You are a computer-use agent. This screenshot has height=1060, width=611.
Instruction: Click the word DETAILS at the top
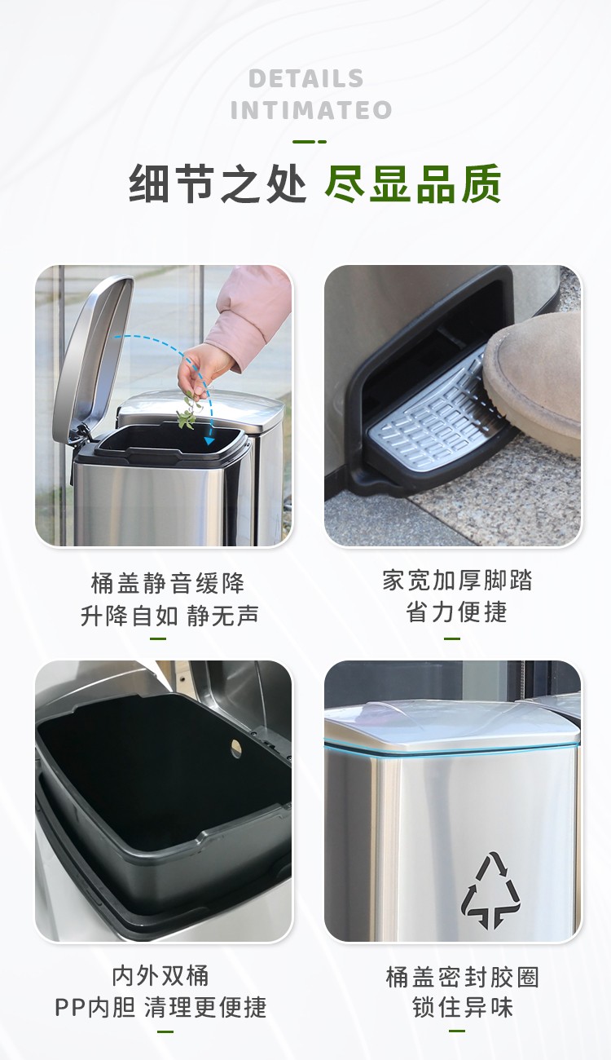click(x=306, y=79)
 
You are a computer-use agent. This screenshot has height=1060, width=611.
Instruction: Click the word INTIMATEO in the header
click(x=310, y=110)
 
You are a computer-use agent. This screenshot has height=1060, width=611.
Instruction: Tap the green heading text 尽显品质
click(x=412, y=185)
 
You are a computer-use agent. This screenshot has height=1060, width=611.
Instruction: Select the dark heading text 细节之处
click(x=218, y=185)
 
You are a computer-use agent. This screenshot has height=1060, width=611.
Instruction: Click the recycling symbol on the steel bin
click(x=491, y=890)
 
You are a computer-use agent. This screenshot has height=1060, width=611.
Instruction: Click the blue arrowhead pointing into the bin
click(x=209, y=440)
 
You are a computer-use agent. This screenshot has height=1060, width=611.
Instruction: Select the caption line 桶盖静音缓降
click(x=168, y=583)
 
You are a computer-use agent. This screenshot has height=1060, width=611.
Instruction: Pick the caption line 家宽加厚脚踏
click(x=457, y=581)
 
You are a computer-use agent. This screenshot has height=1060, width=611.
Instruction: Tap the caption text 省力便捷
click(x=457, y=612)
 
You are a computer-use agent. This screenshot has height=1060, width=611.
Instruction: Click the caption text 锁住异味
click(x=462, y=1008)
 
